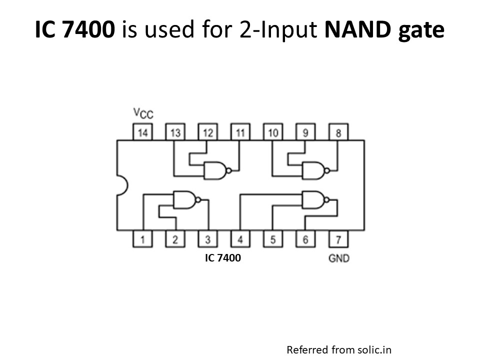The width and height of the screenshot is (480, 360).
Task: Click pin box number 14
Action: [x=143, y=132]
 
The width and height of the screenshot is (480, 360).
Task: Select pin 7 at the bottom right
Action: [x=338, y=239]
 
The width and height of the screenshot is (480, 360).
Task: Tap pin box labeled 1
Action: [x=143, y=239]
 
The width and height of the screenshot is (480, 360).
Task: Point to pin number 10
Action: [x=273, y=132]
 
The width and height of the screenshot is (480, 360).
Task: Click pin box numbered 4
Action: [x=240, y=239]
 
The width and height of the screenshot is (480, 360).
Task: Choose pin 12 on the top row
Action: [x=208, y=132]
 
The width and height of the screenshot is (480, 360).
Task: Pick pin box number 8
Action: [x=338, y=132]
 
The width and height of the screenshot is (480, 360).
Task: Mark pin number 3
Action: [x=208, y=239]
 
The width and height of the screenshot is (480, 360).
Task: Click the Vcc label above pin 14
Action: [x=143, y=113]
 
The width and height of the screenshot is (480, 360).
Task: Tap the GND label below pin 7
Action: [x=338, y=258]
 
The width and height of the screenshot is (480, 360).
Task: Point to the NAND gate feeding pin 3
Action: [x=184, y=199]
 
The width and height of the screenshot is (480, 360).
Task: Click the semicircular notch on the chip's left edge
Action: [x=122, y=185]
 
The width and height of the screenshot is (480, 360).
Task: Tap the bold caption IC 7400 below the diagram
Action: [x=223, y=258]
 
